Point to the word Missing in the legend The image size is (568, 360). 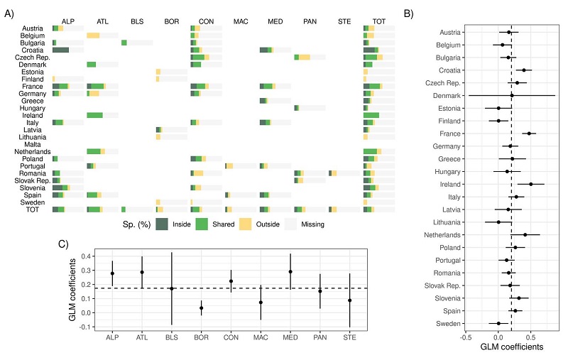[x=310, y=224]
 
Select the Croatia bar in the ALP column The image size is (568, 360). [x=60, y=50]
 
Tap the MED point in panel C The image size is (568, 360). [x=290, y=271]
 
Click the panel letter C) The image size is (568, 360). [x=64, y=245]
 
